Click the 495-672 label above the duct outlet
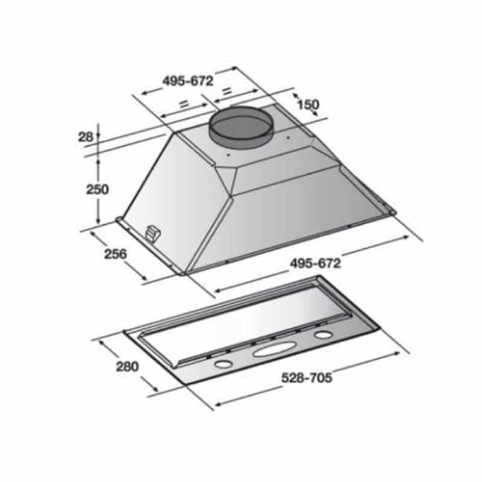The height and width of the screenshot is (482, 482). (x=188, y=81)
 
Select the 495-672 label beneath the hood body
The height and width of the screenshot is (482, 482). (x=315, y=263)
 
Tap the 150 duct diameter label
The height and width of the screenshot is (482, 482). (x=308, y=104)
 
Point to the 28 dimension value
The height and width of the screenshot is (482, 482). (x=85, y=137)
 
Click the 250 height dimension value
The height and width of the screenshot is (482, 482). (x=97, y=189)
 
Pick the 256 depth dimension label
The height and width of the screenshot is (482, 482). (x=115, y=254)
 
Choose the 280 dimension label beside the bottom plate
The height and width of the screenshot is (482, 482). (x=127, y=366)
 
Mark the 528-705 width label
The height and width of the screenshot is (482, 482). (x=307, y=378)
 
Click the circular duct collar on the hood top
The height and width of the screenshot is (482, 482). (x=240, y=127)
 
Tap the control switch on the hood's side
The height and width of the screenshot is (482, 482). (x=153, y=233)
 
